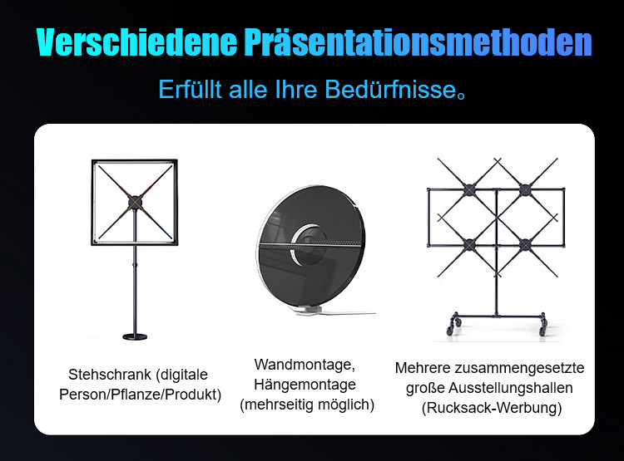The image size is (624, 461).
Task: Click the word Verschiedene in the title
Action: tap(136, 42)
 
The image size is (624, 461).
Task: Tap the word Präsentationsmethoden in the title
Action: tap(418, 42)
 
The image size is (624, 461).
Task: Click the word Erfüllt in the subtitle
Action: tap(190, 89)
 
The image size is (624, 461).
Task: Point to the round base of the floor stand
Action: tap(135, 337)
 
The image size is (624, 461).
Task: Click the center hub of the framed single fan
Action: tap(135, 203)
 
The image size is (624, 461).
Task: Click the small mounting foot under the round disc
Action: tap(309, 310)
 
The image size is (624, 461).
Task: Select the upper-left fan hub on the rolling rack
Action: tap(469, 190)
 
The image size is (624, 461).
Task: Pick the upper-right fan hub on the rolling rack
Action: tap(525, 190)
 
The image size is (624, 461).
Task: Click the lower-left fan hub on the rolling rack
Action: tap(469, 245)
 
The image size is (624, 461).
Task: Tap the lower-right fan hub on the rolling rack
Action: tap(525, 245)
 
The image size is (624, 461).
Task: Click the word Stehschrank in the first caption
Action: tap(110, 375)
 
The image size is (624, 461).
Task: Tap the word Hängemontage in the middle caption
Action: tap(305, 385)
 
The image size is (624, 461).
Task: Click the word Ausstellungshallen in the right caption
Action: tap(511, 388)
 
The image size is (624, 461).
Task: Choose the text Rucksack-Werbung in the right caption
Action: tap(492, 408)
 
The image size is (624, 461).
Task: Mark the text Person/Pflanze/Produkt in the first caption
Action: tap(140, 395)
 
